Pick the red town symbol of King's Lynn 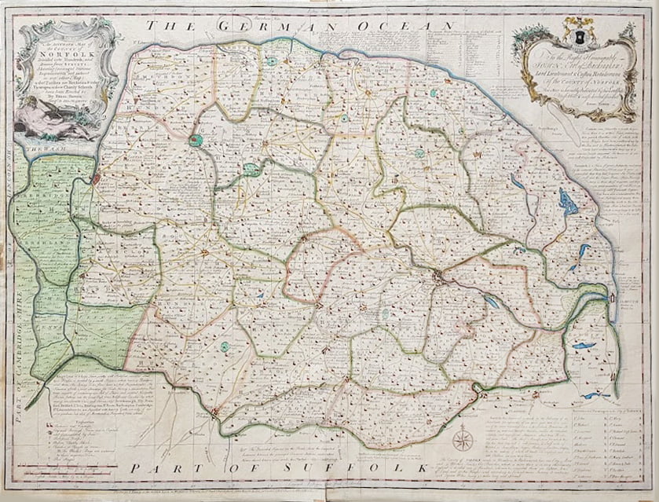point(97,180)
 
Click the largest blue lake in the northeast point(567,203)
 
